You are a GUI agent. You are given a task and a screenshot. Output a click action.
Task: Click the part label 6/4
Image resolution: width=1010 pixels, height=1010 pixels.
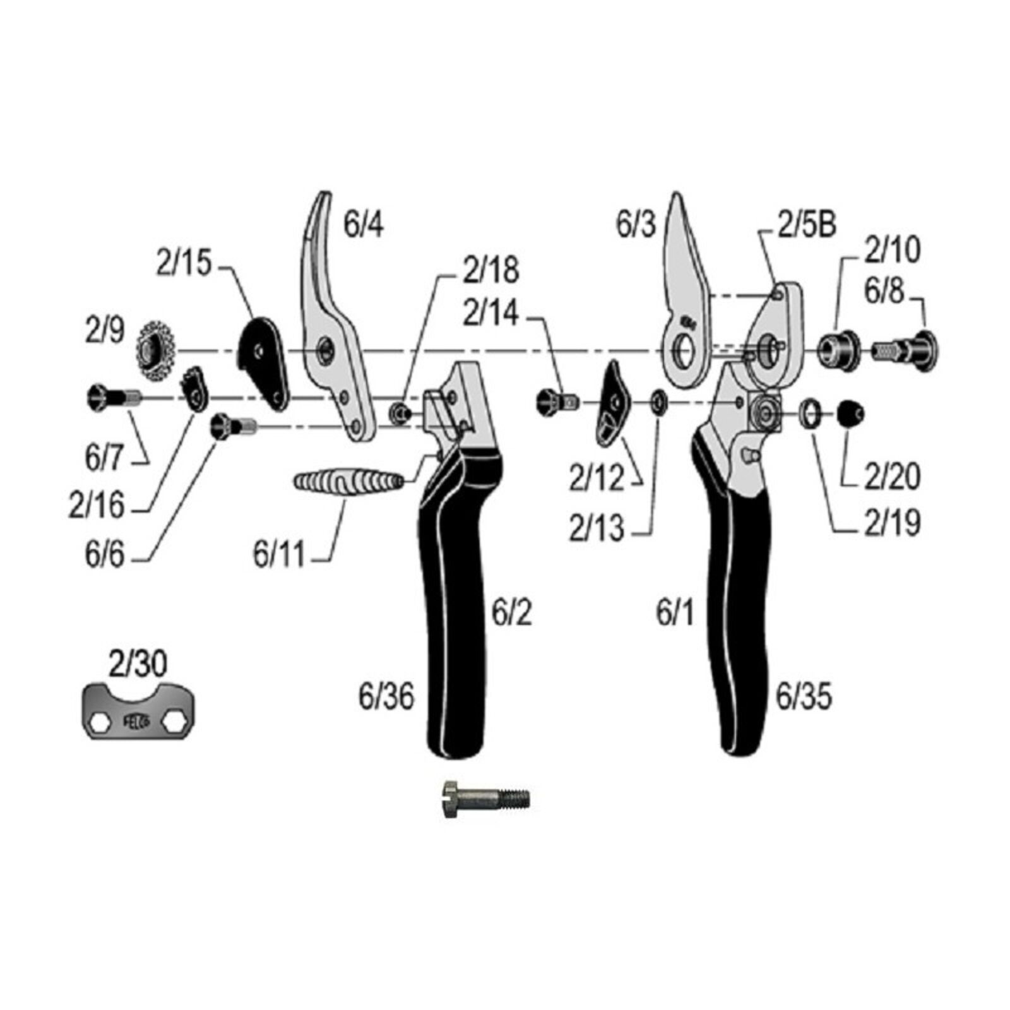363,224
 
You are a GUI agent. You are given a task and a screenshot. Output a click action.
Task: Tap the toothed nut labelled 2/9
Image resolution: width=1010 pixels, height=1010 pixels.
154,351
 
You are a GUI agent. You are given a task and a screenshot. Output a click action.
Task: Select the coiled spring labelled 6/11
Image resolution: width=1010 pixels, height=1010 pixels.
348,482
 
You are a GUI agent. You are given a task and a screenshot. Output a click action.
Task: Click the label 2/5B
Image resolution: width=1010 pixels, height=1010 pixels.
807,225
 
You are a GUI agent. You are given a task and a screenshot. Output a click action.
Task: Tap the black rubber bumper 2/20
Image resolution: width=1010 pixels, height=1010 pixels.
850,414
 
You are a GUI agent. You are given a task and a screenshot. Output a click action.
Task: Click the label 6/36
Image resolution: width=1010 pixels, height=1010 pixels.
386,697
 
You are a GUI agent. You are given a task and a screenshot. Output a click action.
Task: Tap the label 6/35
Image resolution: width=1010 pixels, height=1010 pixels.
804,697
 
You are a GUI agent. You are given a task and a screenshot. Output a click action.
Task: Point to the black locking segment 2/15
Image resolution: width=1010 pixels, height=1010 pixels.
263,362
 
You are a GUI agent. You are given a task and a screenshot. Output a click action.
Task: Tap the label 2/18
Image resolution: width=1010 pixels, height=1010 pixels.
491,270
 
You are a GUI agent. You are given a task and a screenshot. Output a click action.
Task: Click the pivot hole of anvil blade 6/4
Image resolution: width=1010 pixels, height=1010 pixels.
326,349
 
